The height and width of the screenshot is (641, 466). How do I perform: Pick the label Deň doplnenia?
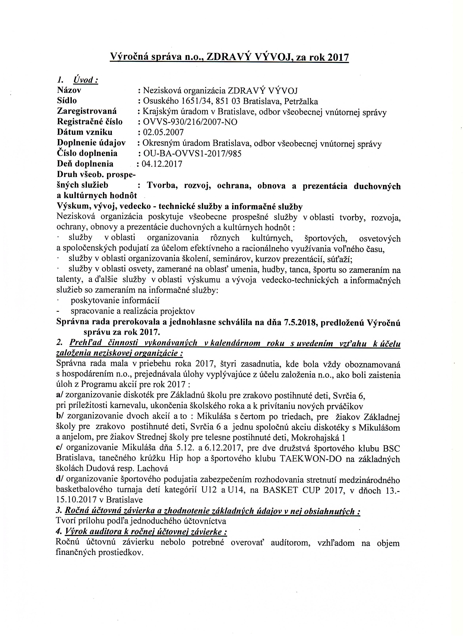coord(85,164)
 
